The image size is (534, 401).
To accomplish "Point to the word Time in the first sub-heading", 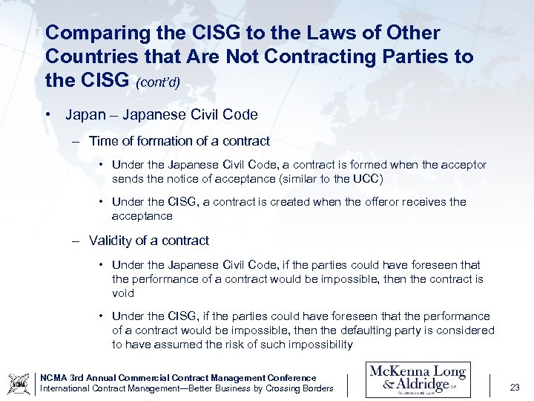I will [x=102, y=140].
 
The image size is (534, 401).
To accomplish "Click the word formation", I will [x=162, y=140].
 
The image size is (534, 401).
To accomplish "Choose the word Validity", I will [x=111, y=241].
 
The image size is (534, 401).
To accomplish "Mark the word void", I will [x=122, y=293].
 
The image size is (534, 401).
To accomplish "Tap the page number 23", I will [x=515, y=386].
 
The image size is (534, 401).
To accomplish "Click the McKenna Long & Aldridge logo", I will [x=418, y=380].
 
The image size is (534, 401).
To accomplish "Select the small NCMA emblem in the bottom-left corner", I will [x=18, y=383].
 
